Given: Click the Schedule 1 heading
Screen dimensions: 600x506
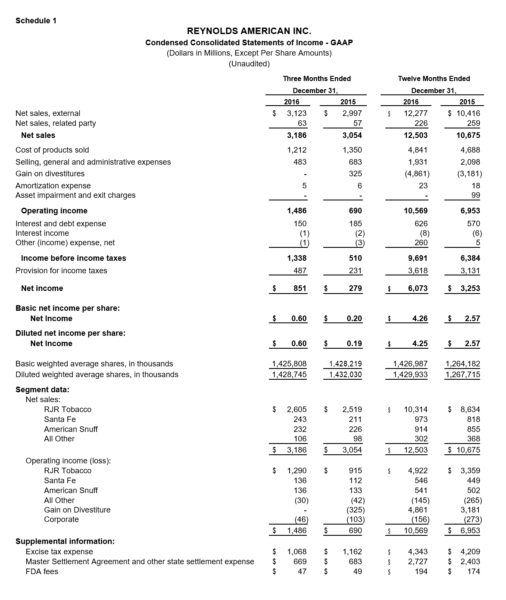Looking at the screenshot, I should pyautogui.click(x=36, y=21).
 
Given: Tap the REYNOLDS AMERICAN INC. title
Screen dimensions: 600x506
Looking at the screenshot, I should pyautogui.click(x=249, y=31).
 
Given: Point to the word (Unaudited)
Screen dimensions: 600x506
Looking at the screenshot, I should pyautogui.click(x=249, y=64).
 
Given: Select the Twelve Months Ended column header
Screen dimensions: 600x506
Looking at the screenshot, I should pyautogui.click(x=434, y=78).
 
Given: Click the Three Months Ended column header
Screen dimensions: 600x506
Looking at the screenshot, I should pyautogui.click(x=317, y=78).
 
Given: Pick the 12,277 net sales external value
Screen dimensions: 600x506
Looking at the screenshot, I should pyautogui.click(x=415, y=113).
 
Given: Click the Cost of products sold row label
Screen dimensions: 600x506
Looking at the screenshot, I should pyautogui.click(x=52, y=150).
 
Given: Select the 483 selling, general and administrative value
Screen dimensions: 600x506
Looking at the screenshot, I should pyautogui.click(x=300, y=162).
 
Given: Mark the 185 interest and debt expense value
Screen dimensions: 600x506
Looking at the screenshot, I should pyautogui.click(x=356, y=224).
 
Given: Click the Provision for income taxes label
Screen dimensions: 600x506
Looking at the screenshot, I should pyautogui.click(x=61, y=271).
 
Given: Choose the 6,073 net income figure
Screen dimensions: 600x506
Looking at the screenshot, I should pyautogui.click(x=418, y=288).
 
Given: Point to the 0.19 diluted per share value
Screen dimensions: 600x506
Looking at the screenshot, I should pyautogui.click(x=354, y=344).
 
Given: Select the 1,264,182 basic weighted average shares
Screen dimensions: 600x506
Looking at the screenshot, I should pyautogui.click(x=462, y=364).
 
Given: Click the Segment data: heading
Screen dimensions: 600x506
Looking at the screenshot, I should pyautogui.click(x=42, y=390).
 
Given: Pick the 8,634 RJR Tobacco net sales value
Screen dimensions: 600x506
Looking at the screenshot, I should pyautogui.click(x=470, y=409).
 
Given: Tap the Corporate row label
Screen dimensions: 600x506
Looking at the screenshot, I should pyautogui.click(x=61, y=519).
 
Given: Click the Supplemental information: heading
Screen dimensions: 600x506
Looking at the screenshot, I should pyautogui.click(x=65, y=541).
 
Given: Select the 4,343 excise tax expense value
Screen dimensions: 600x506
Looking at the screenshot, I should pyautogui.click(x=418, y=552).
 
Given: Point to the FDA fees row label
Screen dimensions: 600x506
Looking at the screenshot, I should pyautogui.click(x=42, y=572).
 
